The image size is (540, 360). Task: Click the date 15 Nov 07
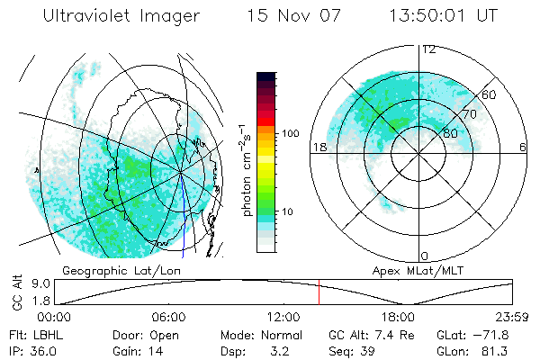288,16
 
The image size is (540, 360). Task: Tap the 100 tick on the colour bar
292,133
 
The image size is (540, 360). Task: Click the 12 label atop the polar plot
428,49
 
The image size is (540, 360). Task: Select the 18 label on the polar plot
319,147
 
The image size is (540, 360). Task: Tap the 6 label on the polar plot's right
522,147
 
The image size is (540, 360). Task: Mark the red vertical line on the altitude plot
319,292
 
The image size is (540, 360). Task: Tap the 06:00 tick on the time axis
169,317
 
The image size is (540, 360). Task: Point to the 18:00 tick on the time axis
398,317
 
